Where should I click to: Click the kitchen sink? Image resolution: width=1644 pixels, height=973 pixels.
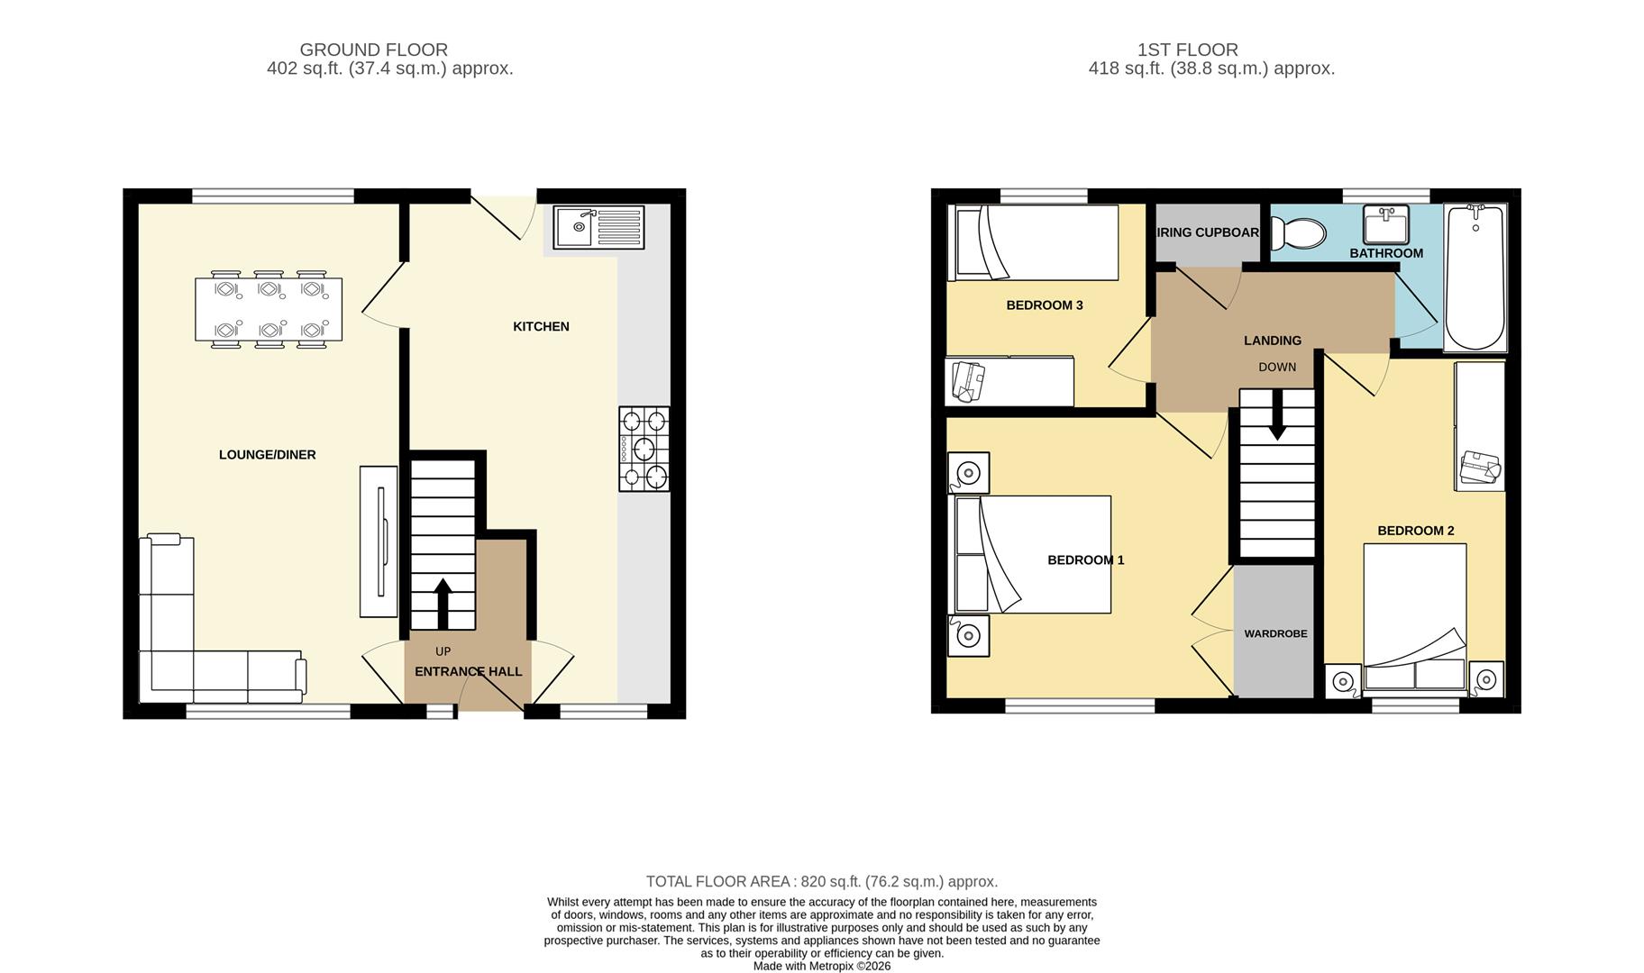(x=598, y=227)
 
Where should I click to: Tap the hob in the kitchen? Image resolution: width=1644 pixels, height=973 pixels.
(x=644, y=449)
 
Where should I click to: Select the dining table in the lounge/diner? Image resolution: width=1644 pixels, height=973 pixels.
(x=269, y=309)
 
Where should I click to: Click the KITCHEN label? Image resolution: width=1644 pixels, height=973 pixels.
(x=541, y=326)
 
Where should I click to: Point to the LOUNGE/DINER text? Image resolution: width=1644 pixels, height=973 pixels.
(x=267, y=455)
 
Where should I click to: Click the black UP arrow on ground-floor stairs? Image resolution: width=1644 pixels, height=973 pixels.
(x=443, y=602)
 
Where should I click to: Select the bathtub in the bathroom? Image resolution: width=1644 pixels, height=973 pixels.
(x=1475, y=277)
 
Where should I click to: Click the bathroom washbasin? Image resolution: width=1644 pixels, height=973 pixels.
(x=1385, y=224)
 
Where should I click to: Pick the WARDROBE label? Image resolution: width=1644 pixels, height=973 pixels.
(x=1275, y=633)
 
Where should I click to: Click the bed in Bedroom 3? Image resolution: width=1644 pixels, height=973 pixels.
(x=1037, y=241)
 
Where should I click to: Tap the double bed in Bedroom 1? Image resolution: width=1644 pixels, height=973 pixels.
(x=1033, y=554)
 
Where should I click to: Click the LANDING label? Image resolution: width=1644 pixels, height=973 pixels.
(x=1272, y=341)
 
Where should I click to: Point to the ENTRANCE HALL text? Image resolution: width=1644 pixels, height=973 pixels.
(x=468, y=671)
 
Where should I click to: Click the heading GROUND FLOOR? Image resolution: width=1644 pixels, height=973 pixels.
(x=373, y=50)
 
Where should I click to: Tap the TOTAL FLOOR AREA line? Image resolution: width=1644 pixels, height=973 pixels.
(x=821, y=881)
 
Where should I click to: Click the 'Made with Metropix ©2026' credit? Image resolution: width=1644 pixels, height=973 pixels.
(x=821, y=966)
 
